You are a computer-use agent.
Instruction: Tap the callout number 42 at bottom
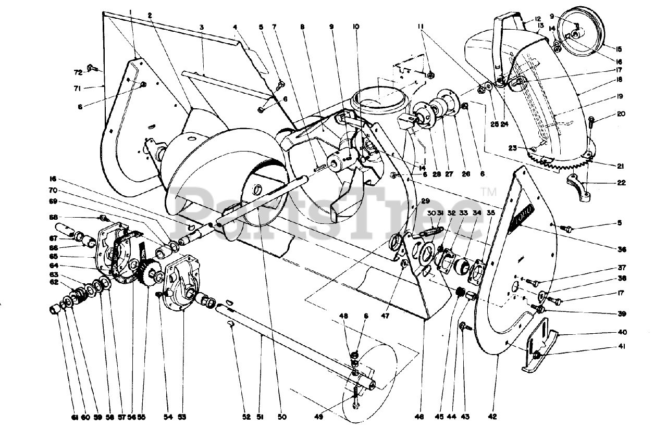pyautogui.click(x=492, y=417)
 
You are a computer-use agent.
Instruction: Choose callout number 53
pyautogui.click(x=181, y=417)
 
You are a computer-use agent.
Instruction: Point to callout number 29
pyautogui.click(x=425, y=201)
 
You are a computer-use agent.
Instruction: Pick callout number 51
pyautogui.click(x=261, y=417)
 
